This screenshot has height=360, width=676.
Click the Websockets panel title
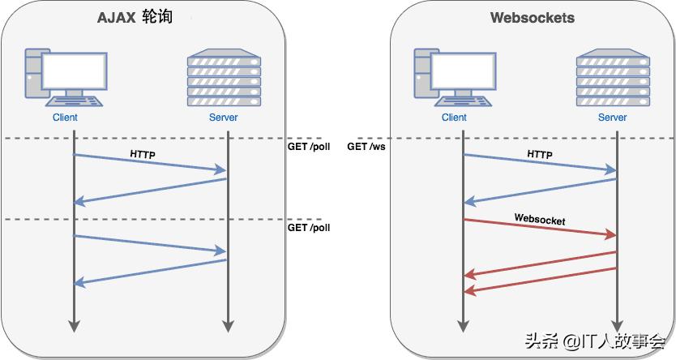coord(532,18)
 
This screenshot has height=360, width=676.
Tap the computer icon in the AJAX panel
coord(64,78)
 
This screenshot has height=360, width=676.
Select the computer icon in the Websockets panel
coord(453,78)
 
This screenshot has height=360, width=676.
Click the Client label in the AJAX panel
coord(65,118)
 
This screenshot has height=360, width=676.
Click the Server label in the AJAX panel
coord(223,118)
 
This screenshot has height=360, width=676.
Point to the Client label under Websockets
coord(454,118)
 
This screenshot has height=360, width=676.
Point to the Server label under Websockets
coord(613,118)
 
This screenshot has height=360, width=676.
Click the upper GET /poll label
coord(309,147)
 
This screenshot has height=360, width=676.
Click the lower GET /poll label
coord(309,228)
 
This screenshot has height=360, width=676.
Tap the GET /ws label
coord(365,147)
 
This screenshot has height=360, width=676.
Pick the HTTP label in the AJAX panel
coord(143,153)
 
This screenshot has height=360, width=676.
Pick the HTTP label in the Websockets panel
coord(540,155)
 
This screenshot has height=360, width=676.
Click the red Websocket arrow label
coord(540,220)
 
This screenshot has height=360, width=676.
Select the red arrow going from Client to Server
coord(540,228)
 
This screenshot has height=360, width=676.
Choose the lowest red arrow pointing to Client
coord(540,280)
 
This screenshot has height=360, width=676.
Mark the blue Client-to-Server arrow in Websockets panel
coord(540,163)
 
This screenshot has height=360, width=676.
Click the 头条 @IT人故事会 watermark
coord(595,342)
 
